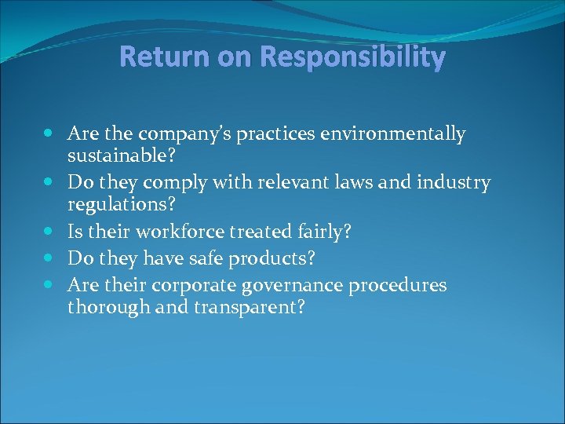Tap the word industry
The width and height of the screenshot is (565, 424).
point(453,183)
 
